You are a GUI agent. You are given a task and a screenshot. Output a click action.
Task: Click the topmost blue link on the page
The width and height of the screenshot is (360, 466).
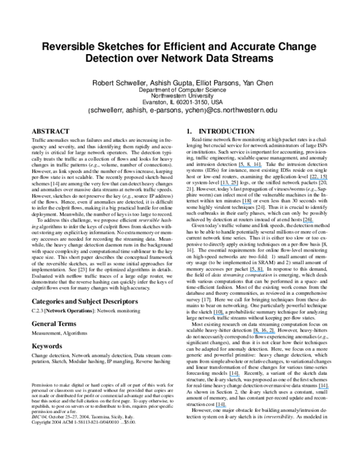click(250, 167)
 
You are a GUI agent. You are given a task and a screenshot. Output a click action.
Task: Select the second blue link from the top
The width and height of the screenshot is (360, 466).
click(319, 179)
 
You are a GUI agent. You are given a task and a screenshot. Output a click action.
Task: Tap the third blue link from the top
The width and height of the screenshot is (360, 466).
click(229, 185)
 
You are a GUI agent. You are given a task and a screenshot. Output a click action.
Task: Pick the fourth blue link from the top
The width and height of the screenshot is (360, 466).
click(247, 204)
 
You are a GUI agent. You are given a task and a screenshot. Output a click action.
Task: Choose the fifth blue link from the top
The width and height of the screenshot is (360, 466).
click(308, 222)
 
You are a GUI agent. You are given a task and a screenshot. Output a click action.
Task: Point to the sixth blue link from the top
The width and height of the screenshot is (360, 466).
click(257, 271)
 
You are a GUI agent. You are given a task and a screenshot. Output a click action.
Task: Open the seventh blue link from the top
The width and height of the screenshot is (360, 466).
click(218, 315)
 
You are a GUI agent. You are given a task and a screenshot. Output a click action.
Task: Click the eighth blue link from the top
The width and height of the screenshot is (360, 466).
click(263, 333)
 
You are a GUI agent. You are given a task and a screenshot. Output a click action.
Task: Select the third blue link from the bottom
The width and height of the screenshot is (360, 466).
click(235, 376)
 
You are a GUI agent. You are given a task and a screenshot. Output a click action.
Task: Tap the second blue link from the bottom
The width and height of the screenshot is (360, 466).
click(323, 388)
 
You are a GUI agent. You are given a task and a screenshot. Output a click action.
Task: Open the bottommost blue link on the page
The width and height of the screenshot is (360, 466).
click(221, 407)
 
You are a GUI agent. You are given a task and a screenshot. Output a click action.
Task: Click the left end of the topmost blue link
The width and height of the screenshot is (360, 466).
click(239, 167)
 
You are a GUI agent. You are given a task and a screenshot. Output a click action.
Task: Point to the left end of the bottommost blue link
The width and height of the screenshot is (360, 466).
click(216, 407)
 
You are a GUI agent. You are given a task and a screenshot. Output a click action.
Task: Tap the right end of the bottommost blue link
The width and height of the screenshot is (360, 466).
click(226, 407)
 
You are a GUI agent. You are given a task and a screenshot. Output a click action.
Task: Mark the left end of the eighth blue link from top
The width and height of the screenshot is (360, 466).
click(253, 333)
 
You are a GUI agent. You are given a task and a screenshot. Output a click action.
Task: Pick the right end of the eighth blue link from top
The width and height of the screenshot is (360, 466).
click(275, 333)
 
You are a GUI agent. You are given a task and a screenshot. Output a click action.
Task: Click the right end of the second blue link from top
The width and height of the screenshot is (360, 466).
click(328, 179)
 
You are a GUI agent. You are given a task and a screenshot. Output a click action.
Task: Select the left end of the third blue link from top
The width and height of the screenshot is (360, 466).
click(221, 185)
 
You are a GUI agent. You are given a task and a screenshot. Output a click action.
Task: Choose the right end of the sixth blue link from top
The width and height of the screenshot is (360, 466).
click(264, 271)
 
